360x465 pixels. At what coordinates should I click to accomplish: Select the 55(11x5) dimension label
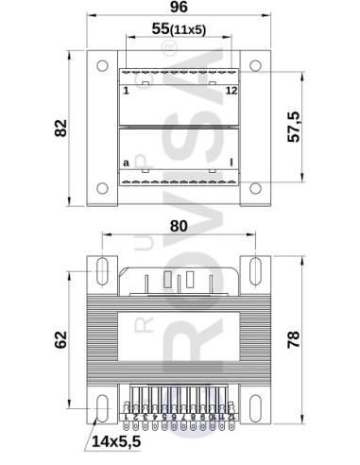180,30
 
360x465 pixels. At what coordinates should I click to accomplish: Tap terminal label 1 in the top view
126,91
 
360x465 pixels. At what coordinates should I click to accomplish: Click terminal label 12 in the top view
231,91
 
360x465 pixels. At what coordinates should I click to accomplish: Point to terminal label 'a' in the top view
126,163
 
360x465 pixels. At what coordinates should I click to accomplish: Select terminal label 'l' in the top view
232,163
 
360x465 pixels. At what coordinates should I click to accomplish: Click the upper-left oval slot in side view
100,270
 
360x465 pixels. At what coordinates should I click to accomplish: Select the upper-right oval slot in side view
256,270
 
